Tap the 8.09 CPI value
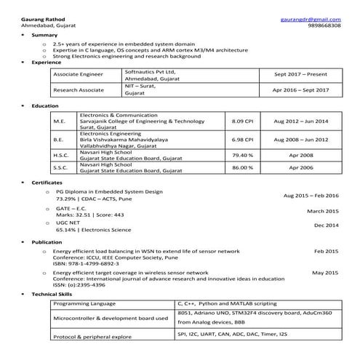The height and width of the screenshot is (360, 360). point(242,121)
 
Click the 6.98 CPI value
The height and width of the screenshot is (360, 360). point(242,138)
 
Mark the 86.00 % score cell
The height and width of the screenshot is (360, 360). point(242,167)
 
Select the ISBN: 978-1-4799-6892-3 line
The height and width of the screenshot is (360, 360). point(95,263)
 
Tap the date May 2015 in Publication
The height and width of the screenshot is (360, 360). point(325,272)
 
